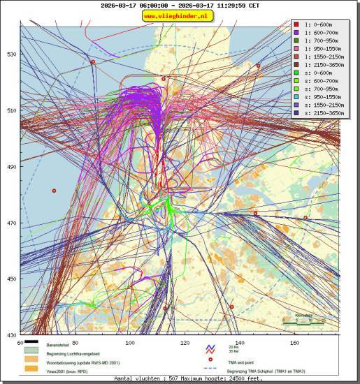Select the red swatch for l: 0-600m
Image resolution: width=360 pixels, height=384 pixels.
297,24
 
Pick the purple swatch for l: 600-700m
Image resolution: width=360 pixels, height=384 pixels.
297,32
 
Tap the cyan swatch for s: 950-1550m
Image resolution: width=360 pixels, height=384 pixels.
297,96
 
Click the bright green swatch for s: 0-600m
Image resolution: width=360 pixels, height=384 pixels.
297,72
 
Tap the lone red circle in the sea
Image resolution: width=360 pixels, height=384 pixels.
54,190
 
